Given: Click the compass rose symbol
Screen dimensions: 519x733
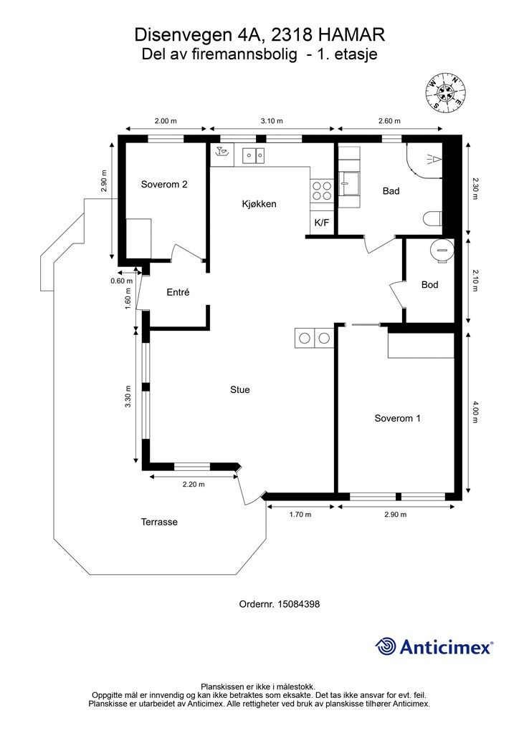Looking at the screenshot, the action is click(x=446, y=92).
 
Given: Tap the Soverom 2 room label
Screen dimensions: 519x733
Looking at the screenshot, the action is click(x=164, y=184).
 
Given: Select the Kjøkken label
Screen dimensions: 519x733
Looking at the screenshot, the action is click(x=259, y=204).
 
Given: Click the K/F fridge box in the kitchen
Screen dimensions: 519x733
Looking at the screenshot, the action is click(x=322, y=223).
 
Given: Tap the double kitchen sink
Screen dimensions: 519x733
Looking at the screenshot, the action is click(x=253, y=155).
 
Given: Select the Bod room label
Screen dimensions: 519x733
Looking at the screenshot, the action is click(x=429, y=285).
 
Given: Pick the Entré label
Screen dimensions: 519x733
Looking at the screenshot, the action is click(x=178, y=292).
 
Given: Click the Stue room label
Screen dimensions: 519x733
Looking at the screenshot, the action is click(x=240, y=389).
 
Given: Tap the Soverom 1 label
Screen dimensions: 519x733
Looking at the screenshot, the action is click(x=397, y=418).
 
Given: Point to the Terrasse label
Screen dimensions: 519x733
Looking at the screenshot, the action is click(x=159, y=522).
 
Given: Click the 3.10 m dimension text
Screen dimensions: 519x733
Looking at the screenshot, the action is click(x=272, y=120).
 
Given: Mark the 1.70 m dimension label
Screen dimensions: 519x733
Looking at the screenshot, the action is click(x=300, y=514).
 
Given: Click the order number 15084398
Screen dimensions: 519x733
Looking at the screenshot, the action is click(x=299, y=604).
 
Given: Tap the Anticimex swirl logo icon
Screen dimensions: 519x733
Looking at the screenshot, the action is click(x=385, y=647).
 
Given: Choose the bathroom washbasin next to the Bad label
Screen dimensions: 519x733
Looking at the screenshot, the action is click(x=350, y=183).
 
